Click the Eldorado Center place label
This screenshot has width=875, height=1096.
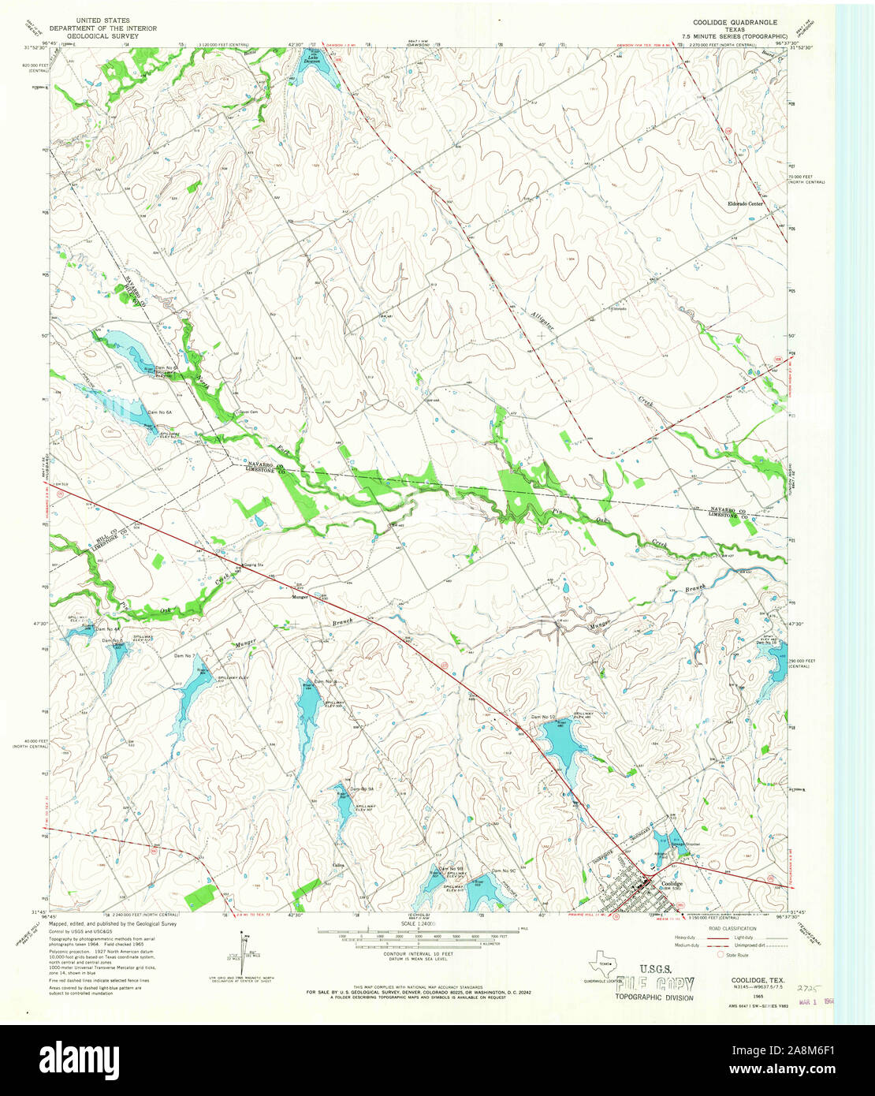[x=745, y=204]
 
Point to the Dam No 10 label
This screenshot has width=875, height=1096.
[x=543, y=717]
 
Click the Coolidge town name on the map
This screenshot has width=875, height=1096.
[x=672, y=885]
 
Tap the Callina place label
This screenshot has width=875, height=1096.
[x=341, y=864]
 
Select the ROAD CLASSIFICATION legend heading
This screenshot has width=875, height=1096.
[x=733, y=929]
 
